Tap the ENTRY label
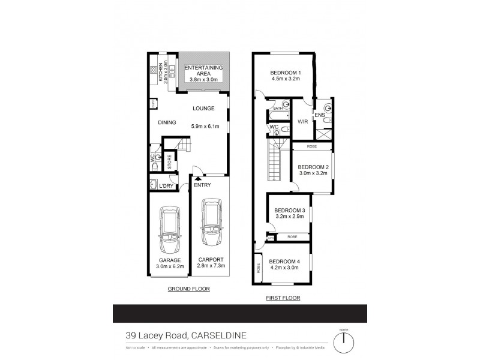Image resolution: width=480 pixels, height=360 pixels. pyautogui.click(x=202, y=185)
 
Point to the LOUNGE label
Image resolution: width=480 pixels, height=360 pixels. pyautogui.click(x=203, y=109)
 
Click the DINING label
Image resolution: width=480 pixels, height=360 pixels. pyautogui.click(x=167, y=122)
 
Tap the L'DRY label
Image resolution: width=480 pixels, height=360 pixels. pyautogui.click(x=166, y=185)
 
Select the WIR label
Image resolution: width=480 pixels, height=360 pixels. pyautogui.click(x=303, y=122)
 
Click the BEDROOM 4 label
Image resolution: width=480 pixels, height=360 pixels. pyautogui.click(x=284, y=262)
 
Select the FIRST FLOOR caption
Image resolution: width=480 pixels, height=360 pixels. pyautogui.click(x=283, y=298)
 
